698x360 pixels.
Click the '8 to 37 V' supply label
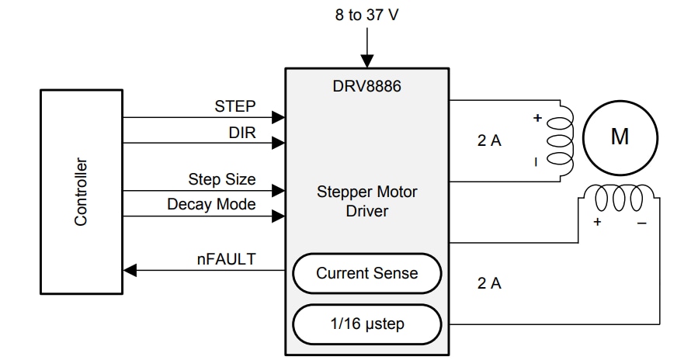coord(366,15)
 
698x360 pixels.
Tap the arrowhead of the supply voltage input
coord(366,61)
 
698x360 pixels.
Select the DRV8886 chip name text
coord(366,84)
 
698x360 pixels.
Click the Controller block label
coord(82,192)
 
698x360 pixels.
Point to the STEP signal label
coord(234,106)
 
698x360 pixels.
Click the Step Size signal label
coord(221,179)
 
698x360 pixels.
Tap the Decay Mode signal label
coord(211,204)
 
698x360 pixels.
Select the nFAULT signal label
coord(225,258)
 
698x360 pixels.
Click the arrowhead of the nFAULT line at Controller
coord(130,270)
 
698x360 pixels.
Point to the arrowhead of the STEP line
coord(278,118)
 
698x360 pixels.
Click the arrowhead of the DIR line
coord(278,143)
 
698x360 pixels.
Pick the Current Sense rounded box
coord(366,273)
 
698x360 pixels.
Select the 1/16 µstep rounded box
coord(366,324)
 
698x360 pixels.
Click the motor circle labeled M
coord(620,137)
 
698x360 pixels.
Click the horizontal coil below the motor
coord(618,199)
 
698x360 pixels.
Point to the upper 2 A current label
coord(489,141)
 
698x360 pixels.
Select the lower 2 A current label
coord(489,283)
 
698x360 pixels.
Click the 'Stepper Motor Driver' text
coord(366,201)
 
